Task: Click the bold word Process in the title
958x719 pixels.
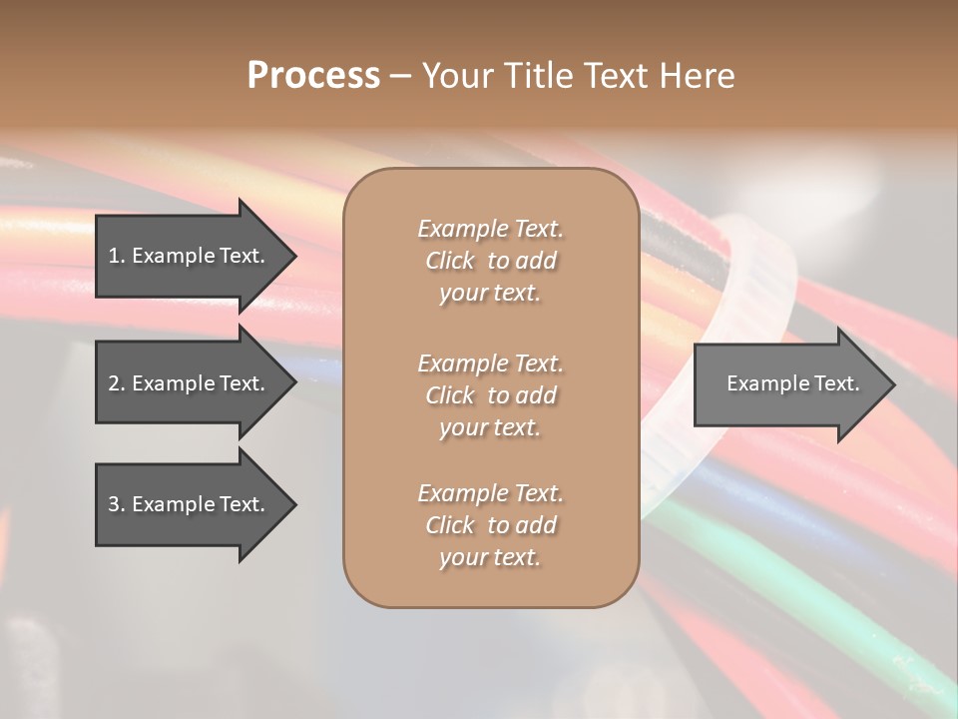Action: pos(313,76)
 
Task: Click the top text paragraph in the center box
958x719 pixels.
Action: pos(490,261)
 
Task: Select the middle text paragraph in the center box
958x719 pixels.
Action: pos(490,395)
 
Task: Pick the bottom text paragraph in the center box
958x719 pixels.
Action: pos(490,525)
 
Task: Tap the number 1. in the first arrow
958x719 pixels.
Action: pos(116,256)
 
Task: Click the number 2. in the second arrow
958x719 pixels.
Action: pos(116,383)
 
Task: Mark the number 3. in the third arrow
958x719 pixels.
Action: pos(116,504)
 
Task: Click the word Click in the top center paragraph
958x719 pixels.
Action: pos(450,261)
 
